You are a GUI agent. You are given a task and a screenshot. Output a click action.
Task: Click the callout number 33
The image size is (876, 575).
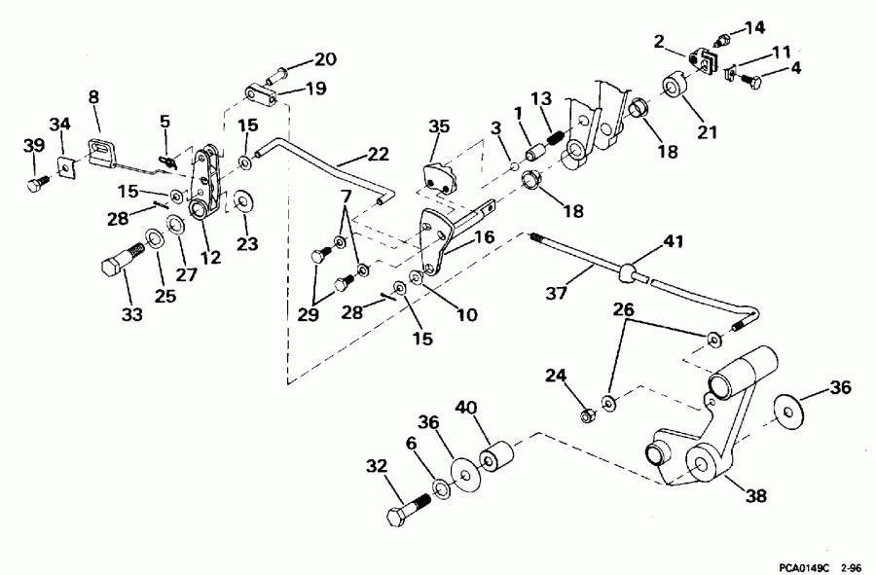(x=130, y=315)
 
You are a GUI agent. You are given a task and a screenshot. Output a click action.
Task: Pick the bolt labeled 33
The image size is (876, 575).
(x=120, y=264)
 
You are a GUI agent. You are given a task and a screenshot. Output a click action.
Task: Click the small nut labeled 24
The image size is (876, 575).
(x=588, y=416)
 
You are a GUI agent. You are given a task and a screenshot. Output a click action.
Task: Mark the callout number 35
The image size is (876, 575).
(x=440, y=126)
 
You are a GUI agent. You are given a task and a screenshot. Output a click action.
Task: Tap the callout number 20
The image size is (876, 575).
(x=324, y=59)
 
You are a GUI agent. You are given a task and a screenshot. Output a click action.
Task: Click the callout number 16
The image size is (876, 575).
(x=484, y=237)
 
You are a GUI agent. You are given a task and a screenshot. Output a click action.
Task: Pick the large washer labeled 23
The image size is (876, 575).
(x=242, y=201)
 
